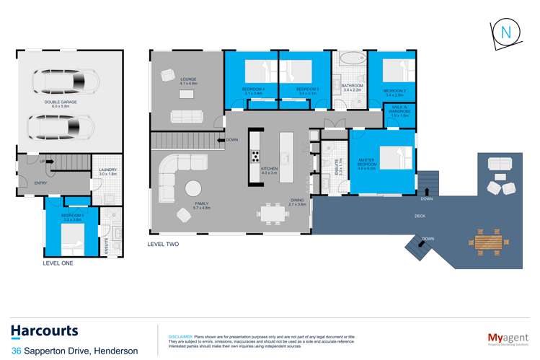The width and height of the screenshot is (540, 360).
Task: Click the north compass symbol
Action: (x=506, y=32)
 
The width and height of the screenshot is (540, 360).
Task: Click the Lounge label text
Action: (x=189, y=79)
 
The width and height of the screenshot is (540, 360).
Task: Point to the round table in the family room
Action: (x=194, y=188)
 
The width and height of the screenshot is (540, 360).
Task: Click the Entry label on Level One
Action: (x=40, y=183)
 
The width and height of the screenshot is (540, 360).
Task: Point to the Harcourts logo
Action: (x=45, y=331)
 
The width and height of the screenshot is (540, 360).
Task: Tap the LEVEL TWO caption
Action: (x=163, y=244)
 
